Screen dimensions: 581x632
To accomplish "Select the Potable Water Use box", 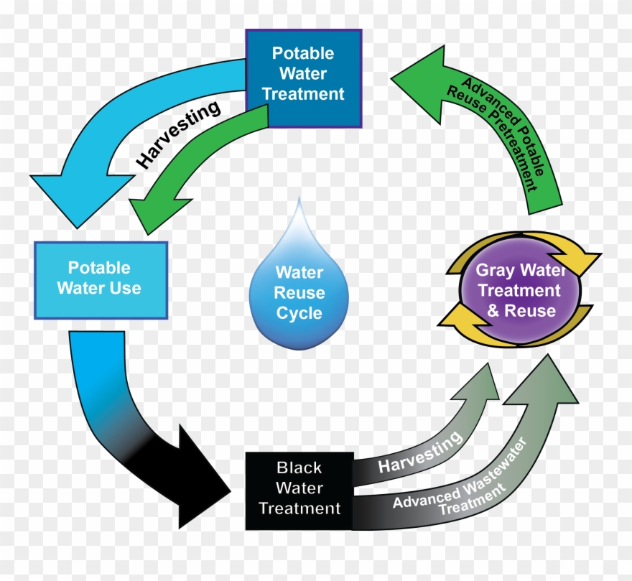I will click(101, 279).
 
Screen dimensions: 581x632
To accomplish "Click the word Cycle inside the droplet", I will click(299, 314).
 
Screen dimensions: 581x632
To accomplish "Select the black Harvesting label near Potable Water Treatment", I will click(179, 134).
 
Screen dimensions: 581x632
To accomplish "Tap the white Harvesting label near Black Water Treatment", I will click(420, 454).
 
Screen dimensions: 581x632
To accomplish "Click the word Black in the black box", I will click(299, 468).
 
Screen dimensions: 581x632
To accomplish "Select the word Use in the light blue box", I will click(126, 289).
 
